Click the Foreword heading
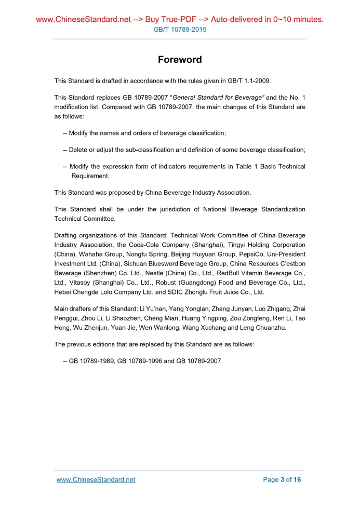pos(180,60)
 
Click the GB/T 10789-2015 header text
pos(180,30)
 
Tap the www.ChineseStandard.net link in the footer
pos(96,479)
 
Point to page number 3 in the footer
pos(283,479)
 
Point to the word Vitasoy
pos(78,283)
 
